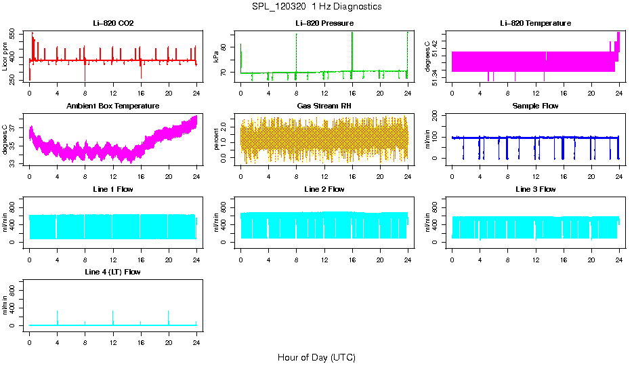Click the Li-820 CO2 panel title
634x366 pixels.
click(x=112, y=23)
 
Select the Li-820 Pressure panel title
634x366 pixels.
click(x=324, y=23)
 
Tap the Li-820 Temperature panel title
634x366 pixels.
click(x=535, y=23)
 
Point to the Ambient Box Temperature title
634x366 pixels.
click(x=112, y=106)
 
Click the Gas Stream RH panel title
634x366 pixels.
click(x=324, y=106)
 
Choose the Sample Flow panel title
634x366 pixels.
click(x=535, y=106)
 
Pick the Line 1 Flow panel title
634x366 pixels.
click(x=112, y=188)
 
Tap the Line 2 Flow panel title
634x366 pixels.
click(x=324, y=188)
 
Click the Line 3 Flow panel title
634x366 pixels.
click(x=535, y=188)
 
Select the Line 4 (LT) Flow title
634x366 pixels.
click(x=112, y=271)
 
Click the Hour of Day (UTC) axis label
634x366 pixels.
click(x=316, y=357)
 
